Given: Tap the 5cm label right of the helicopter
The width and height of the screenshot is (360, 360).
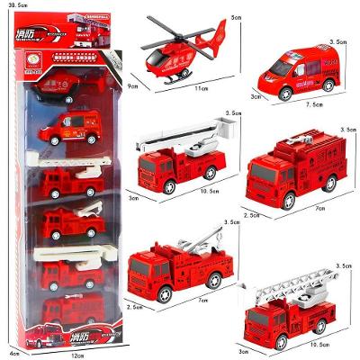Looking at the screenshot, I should point(236,18).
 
